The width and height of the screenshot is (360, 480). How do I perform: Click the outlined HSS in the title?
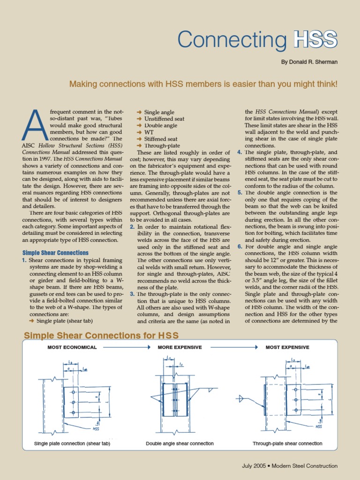[315, 40]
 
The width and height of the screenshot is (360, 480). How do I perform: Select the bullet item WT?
[150, 133]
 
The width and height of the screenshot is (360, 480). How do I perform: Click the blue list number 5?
[240, 193]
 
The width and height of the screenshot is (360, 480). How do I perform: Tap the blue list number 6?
[240, 247]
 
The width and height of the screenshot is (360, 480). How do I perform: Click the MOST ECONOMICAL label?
[72, 347]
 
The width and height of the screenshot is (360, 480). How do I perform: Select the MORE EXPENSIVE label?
[180, 347]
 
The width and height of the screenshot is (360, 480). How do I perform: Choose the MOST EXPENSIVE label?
[287, 347]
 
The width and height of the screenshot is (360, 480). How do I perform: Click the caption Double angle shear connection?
[180, 443]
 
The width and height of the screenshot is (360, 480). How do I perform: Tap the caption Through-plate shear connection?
[287, 443]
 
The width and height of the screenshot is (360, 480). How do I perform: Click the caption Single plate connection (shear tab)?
[72, 443]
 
